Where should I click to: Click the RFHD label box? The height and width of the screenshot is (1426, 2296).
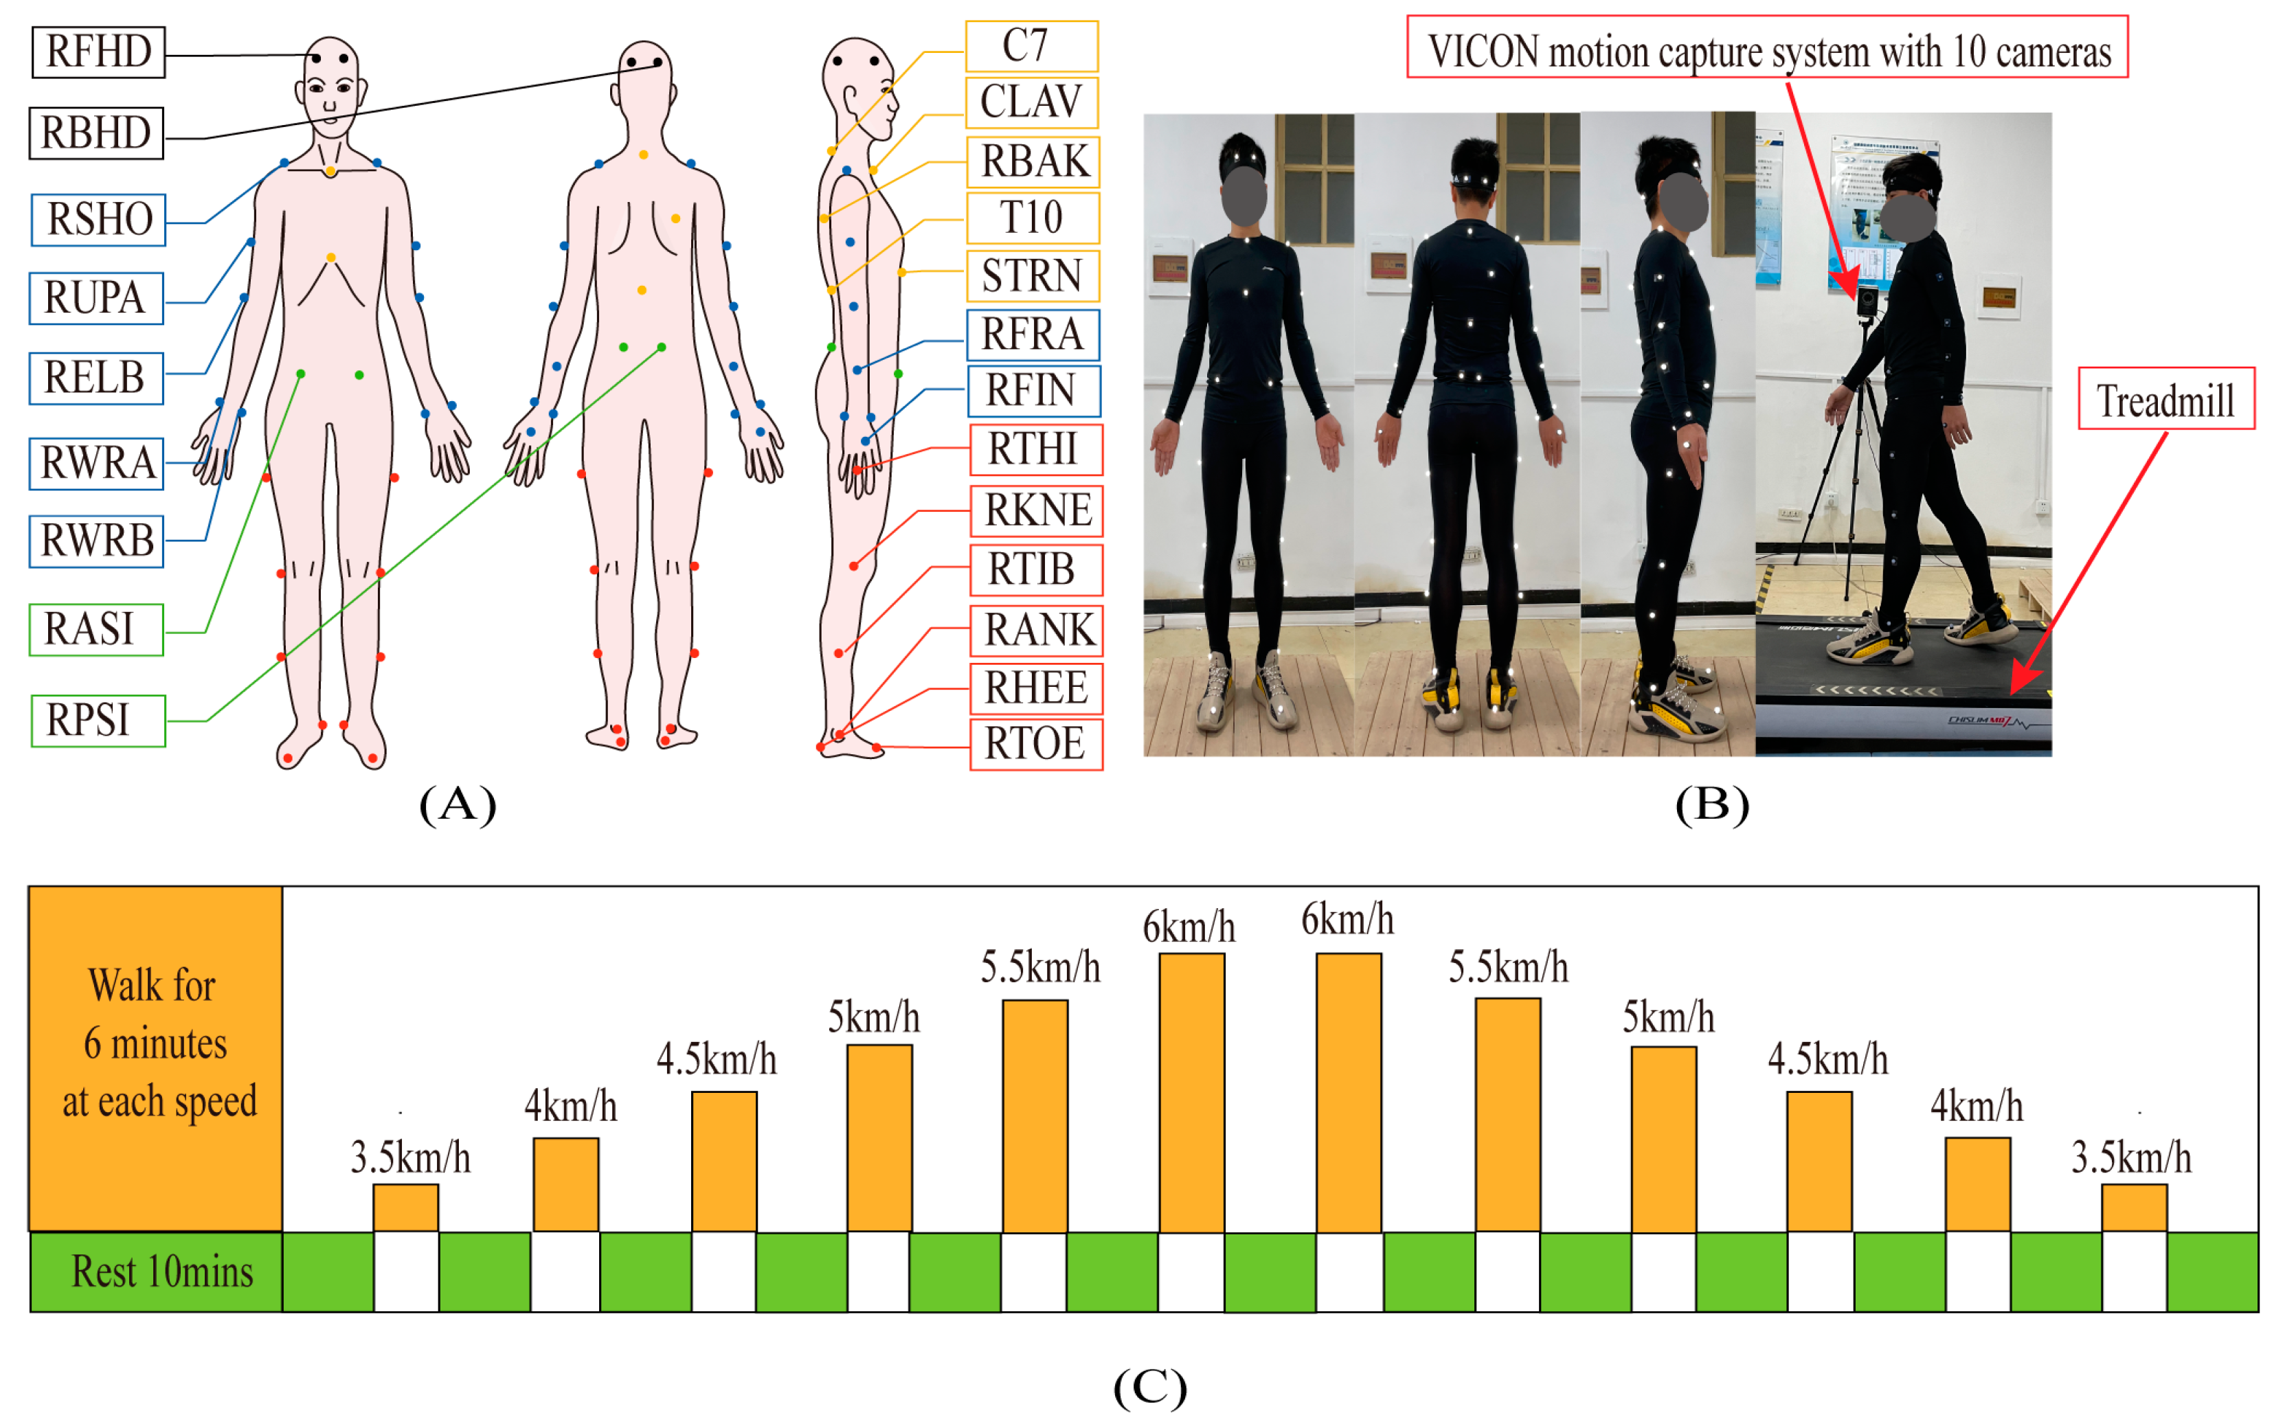click(98, 52)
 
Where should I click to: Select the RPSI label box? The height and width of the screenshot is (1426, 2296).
click(98, 721)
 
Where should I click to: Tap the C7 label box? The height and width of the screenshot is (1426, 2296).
click(1032, 46)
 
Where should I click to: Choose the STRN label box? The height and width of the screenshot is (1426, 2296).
click(1032, 276)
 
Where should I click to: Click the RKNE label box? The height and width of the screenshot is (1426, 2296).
click(1036, 510)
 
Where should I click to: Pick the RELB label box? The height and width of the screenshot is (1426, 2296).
click(96, 378)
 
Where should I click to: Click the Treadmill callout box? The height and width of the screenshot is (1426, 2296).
click(2166, 400)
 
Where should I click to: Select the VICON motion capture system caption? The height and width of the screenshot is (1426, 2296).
click(1767, 48)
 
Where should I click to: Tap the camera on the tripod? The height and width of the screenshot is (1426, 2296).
click(1867, 301)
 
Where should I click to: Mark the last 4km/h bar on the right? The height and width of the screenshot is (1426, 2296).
click(1977, 1185)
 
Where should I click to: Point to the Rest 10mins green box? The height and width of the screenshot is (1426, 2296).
click(156, 1271)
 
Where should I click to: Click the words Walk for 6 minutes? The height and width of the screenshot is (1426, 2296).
click(156, 1014)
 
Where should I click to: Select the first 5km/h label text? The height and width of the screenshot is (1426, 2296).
click(873, 1017)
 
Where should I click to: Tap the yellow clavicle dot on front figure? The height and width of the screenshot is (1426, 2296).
click(330, 172)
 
